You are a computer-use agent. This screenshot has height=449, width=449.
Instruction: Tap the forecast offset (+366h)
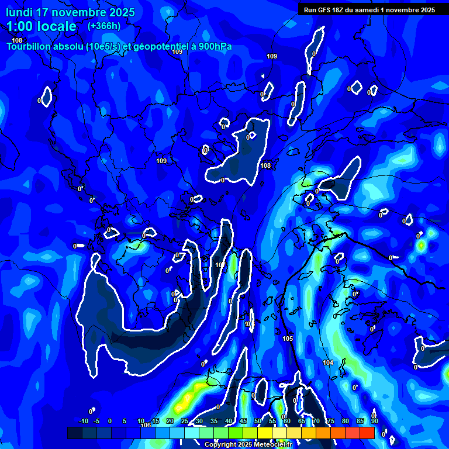coord(103,26)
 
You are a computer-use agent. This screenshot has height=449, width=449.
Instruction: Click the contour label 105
coord(287,339)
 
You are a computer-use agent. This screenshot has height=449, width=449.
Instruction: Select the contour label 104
coord(328,362)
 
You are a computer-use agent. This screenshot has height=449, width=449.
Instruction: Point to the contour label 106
coord(146,425)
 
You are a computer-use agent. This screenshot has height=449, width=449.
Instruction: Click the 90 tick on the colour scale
coord(374,421)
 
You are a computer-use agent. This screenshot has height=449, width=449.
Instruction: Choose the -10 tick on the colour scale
coord(83,421)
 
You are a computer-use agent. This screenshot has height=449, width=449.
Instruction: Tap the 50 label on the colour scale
coord(258,421)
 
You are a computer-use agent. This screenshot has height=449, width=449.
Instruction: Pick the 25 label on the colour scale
coord(185,421)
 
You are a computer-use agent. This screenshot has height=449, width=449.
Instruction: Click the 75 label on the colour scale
coord(331,421)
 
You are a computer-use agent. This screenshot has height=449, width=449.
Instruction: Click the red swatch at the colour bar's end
coord(367,433)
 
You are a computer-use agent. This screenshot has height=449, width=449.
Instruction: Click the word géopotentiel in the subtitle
coord(158,46)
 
